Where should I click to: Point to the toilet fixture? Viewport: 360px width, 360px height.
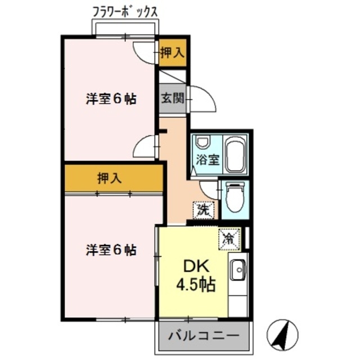[232, 197]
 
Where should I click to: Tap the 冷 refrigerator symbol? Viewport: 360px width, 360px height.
[229, 238]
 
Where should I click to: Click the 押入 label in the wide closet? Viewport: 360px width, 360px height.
[109, 178]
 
